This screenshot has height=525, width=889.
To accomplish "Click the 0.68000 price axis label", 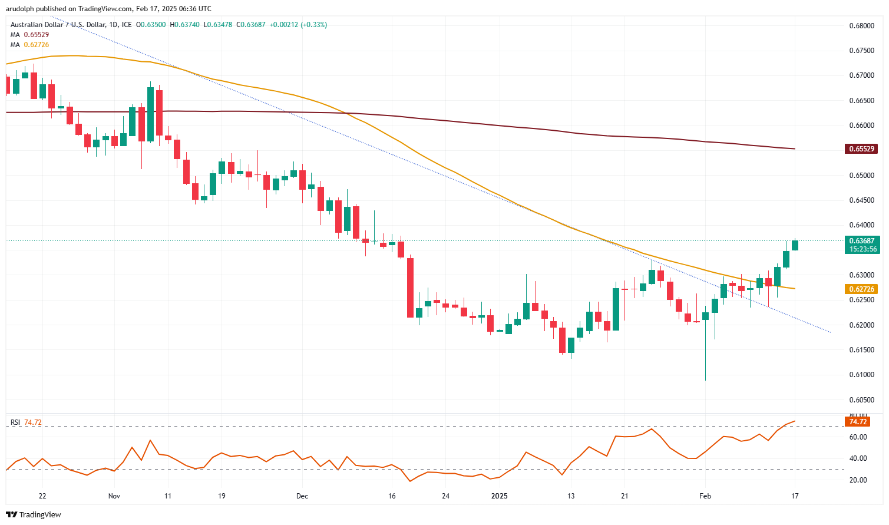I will click(x=861, y=26).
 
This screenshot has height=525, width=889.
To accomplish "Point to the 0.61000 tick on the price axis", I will click(x=861, y=375).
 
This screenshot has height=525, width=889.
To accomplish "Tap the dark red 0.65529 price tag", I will click(x=861, y=149).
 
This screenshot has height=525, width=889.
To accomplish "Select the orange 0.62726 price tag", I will click(x=861, y=289).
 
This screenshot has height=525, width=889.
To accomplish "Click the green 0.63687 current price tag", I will click(x=861, y=241).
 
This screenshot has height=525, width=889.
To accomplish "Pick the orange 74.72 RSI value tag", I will click(x=857, y=422).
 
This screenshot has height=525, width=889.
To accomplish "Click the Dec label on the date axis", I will click(x=302, y=496).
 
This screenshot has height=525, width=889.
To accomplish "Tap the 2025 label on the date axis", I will click(x=499, y=496).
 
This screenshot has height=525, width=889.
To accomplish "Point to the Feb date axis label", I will click(x=705, y=496).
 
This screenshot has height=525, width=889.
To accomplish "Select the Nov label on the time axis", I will click(x=114, y=496).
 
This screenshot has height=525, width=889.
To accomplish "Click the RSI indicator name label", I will click(x=15, y=422).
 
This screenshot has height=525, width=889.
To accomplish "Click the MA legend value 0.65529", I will click(x=37, y=35).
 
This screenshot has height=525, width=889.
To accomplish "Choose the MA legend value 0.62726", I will click(x=37, y=45).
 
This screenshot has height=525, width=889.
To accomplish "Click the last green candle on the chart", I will click(x=795, y=245).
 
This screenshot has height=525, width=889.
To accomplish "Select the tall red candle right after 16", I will click(x=410, y=288).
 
